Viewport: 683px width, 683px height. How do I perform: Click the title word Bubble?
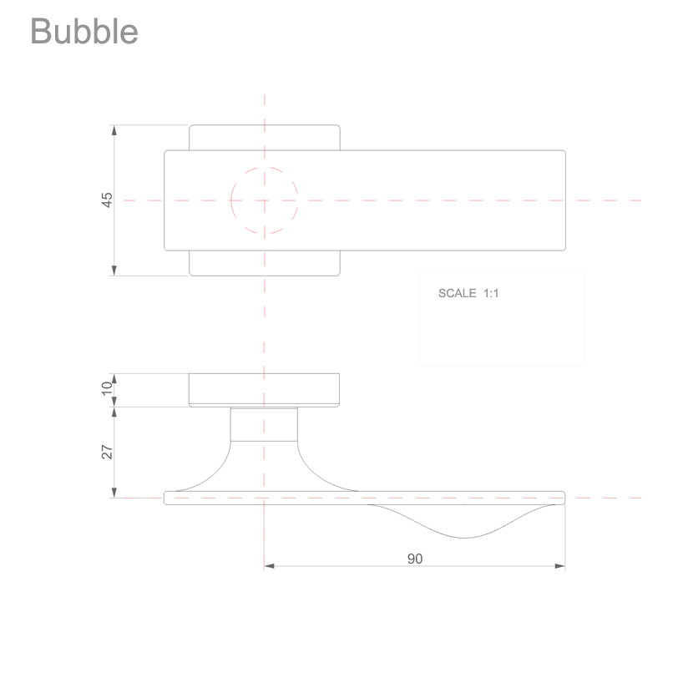(x=84, y=31)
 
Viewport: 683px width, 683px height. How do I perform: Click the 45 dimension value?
(x=107, y=200)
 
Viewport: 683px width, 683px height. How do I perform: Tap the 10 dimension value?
(x=107, y=388)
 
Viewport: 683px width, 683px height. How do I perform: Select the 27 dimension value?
(x=107, y=452)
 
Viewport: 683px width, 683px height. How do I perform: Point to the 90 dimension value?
(x=415, y=559)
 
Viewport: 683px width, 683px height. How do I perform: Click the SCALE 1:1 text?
(x=468, y=293)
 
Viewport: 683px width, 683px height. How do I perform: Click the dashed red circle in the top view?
(x=230, y=200)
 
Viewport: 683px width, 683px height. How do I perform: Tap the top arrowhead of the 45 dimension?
(x=114, y=130)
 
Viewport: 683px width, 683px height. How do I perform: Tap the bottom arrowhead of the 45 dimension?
(x=114, y=271)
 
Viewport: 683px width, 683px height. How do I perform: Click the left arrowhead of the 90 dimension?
(x=269, y=566)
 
